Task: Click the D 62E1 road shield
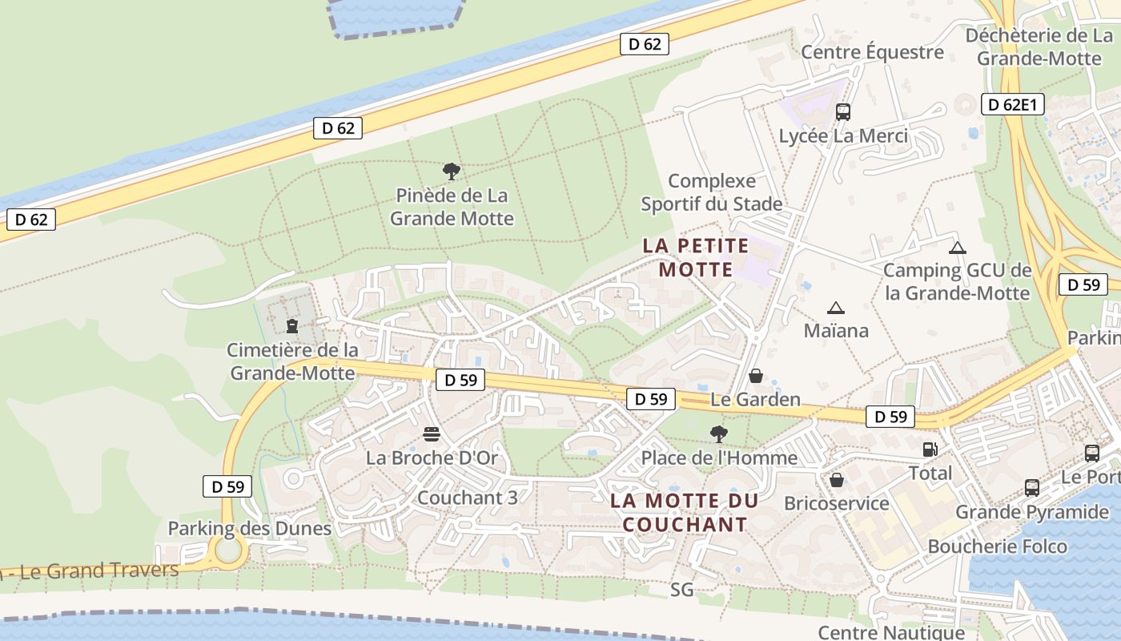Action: tap(1012, 104)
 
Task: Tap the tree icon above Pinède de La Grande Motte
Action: tap(452, 171)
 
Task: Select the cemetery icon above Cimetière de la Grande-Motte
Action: tap(291, 325)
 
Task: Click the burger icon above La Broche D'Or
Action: tap(432, 434)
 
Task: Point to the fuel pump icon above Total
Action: tap(930, 450)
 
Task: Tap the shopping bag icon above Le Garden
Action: tap(755, 376)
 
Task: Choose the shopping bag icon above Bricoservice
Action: tap(837, 480)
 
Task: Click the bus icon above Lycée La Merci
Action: tap(843, 112)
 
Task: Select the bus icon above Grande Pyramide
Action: tap(1032, 487)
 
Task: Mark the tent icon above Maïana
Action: tap(836, 308)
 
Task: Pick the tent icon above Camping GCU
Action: tap(957, 248)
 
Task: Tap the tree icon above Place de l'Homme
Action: tap(719, 434)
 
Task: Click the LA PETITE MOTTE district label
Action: tap(696, 257)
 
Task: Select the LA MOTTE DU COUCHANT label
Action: tap(684, 513)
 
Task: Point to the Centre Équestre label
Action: tap(872, 52)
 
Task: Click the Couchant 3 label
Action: tap(468, 498)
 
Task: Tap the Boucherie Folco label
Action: tap(997, 546)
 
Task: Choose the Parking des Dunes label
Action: tap(249, 529)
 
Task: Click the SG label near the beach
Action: tap(681, 591)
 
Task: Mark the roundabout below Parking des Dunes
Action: tap(227, 551)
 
